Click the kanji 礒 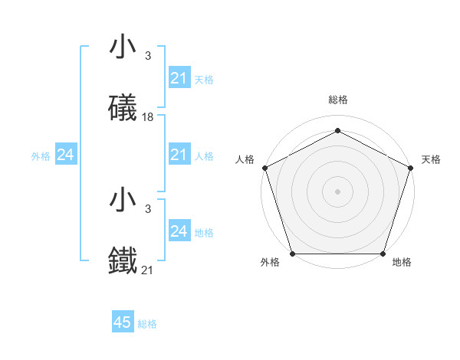coord(123,108)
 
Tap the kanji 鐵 coord(123,260)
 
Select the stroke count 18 coord(148,116)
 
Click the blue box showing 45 coord(123,322)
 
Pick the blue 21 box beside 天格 coord(179,79)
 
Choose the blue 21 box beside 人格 coord(179,155)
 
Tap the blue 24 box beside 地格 coord(179,231)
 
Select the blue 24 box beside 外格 coord(66,155)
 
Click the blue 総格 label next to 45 coord(147,323)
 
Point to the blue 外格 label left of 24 coord(41,156)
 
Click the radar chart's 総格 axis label coord(338,100)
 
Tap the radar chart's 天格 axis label coord(431,159)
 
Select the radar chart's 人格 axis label coord(245,159)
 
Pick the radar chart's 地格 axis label coord(402,262)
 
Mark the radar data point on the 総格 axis coord(337,130)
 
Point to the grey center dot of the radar coord(337,191)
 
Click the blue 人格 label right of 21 coord(204,156)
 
